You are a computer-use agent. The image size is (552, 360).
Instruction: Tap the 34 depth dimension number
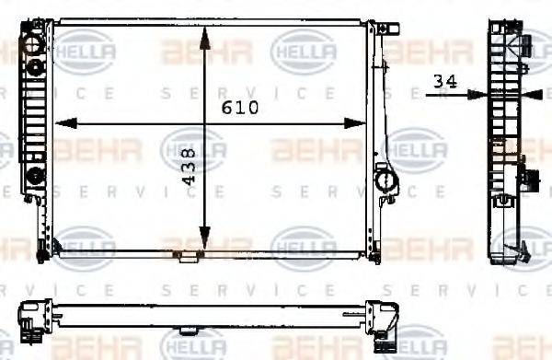point(445,82)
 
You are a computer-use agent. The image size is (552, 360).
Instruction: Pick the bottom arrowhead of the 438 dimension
point(206,248)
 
